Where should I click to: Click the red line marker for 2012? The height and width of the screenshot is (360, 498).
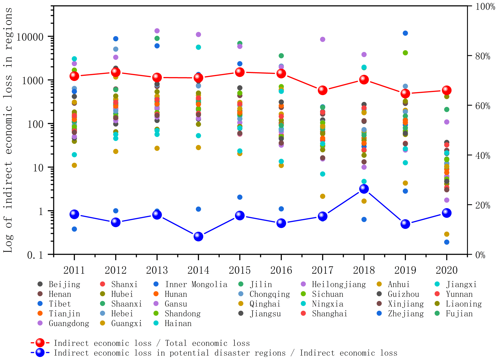coord(116,72)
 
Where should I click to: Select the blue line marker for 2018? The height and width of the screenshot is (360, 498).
coord(364,189)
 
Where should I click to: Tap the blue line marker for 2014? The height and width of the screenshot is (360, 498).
coord(198,236)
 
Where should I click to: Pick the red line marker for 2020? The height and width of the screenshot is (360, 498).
coord(447,90)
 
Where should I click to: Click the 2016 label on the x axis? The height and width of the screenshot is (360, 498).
coord(281,270)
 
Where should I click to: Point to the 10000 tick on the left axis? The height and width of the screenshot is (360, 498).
coord(30,37)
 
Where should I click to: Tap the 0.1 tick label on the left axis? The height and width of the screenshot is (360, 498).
coord(35,255)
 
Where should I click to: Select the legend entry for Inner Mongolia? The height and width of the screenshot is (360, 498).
coord(196,285)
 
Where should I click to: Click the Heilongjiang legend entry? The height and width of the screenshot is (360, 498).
coord(338,285)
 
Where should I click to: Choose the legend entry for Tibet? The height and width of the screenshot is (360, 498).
coord(60,304)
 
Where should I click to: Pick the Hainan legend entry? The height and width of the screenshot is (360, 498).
coord(178,324)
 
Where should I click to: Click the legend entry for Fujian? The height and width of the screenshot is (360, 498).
coord(459,314)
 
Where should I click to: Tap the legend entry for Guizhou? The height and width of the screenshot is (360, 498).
coord(403,294)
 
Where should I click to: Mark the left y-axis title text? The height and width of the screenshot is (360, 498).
coord(8,130)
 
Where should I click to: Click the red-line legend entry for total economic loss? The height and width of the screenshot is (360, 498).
coord(151,343)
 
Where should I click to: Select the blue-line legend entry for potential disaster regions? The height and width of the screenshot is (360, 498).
coord(225,353)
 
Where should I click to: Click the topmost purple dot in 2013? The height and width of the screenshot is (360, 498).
coord(157,31)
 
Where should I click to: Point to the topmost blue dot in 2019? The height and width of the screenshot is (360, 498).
coord(405,33)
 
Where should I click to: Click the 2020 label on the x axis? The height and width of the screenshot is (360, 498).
coord(447,270)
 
